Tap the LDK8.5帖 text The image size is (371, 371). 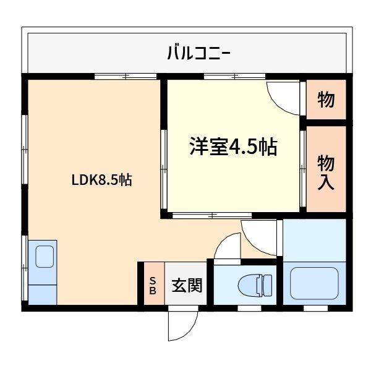(x=101, y=181)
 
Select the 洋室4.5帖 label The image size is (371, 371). (x=232, y=147)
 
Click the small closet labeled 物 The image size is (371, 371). (x=326, y=99)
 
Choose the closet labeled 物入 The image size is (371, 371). (x=326, y=173)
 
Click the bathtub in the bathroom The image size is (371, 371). (x=314, y=283)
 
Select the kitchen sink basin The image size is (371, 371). (x=44, y=255)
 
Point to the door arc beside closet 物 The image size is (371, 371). (x=284, y=98)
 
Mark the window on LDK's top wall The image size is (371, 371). (x=126, y=76)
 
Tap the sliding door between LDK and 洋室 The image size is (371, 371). (x=164, y=169)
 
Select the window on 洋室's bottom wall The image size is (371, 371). (x=211, y=216)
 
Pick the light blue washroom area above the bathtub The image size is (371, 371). (x=314, y=239)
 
